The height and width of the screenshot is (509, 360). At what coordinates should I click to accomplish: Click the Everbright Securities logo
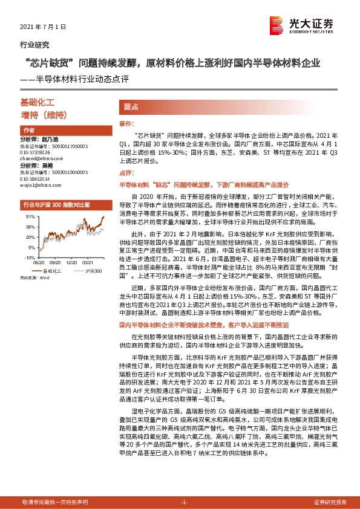303,26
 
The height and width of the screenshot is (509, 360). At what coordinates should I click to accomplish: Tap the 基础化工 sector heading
38,104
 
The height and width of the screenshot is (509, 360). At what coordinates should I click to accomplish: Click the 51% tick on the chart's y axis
29,216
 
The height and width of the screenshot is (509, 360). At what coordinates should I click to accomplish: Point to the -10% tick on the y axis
28,258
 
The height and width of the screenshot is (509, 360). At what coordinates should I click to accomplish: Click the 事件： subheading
126,123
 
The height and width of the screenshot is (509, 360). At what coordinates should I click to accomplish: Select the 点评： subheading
126,173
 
